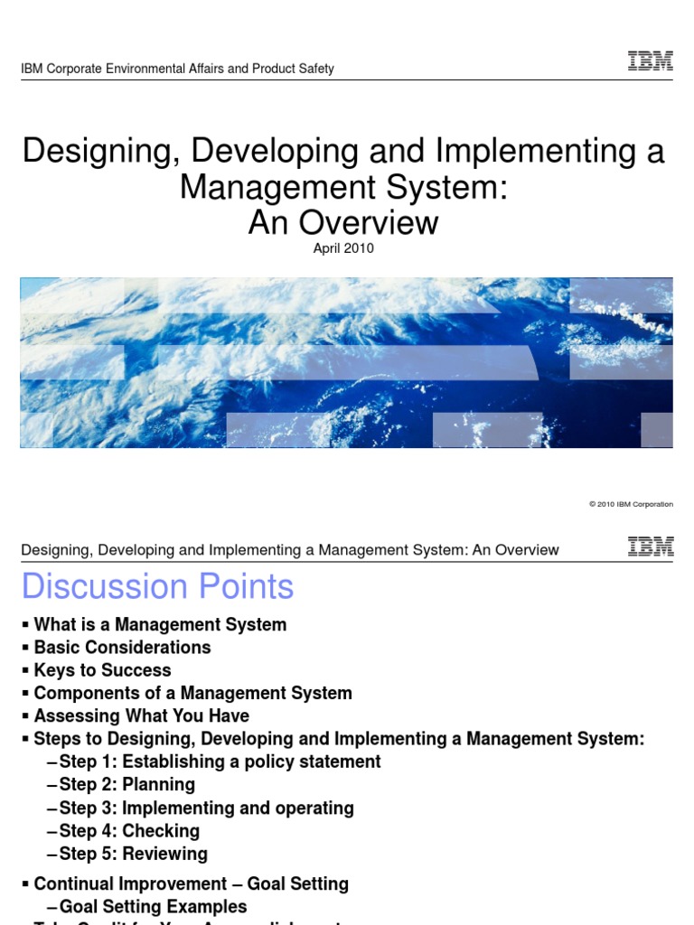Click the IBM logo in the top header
[650, 62]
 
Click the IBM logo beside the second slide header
[650, 546]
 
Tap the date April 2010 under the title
[343, 249]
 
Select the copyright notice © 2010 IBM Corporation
[631, 504]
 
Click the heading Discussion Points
[158, 587]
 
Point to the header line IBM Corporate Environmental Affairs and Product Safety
[178, 69]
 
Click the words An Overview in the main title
[343, 221]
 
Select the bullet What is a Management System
[160, 624]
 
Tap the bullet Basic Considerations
[122, 647]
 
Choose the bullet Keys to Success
[102, 670]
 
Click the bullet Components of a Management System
[192, 693]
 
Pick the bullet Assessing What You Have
[141, 716]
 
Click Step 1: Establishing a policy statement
[220, 761]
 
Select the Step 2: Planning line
[127, 785]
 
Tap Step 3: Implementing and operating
[206, 808]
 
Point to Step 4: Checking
[129, 831]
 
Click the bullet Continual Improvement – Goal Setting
[191, 883]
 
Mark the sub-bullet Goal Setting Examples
[153, 906]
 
